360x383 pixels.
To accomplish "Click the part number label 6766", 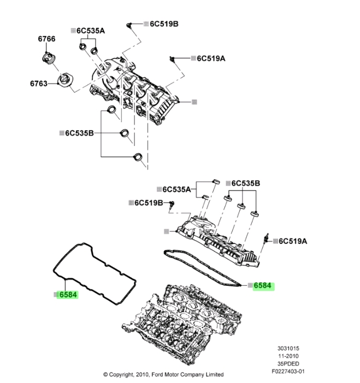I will (46, 39).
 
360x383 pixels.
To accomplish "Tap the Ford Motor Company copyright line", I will (163, 375).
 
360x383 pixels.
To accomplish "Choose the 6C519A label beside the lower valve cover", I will (293, 241).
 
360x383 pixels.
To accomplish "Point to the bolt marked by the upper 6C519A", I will (173, 58).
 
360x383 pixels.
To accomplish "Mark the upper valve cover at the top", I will (137, 87).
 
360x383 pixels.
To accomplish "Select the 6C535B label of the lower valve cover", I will (246, 183).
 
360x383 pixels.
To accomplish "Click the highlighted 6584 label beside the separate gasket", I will (68, 295).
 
